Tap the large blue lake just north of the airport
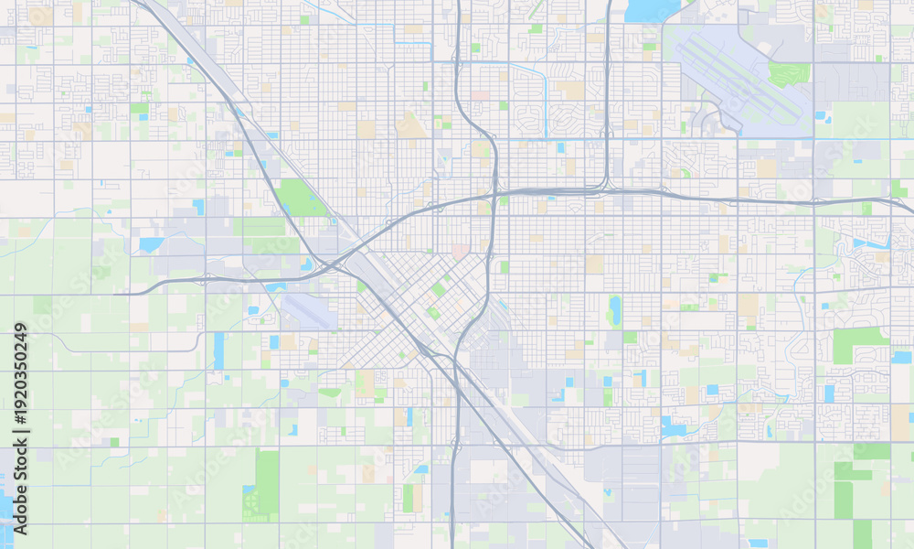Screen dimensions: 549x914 pyautogui.click(x=653, y=10)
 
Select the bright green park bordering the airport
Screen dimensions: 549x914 pyautogui.click(x=788, y=74)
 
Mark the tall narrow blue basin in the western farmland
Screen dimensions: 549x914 pyautogui.click(x=218, y=350)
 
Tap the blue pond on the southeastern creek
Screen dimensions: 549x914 pyautogui.click(x=675, y=426)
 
